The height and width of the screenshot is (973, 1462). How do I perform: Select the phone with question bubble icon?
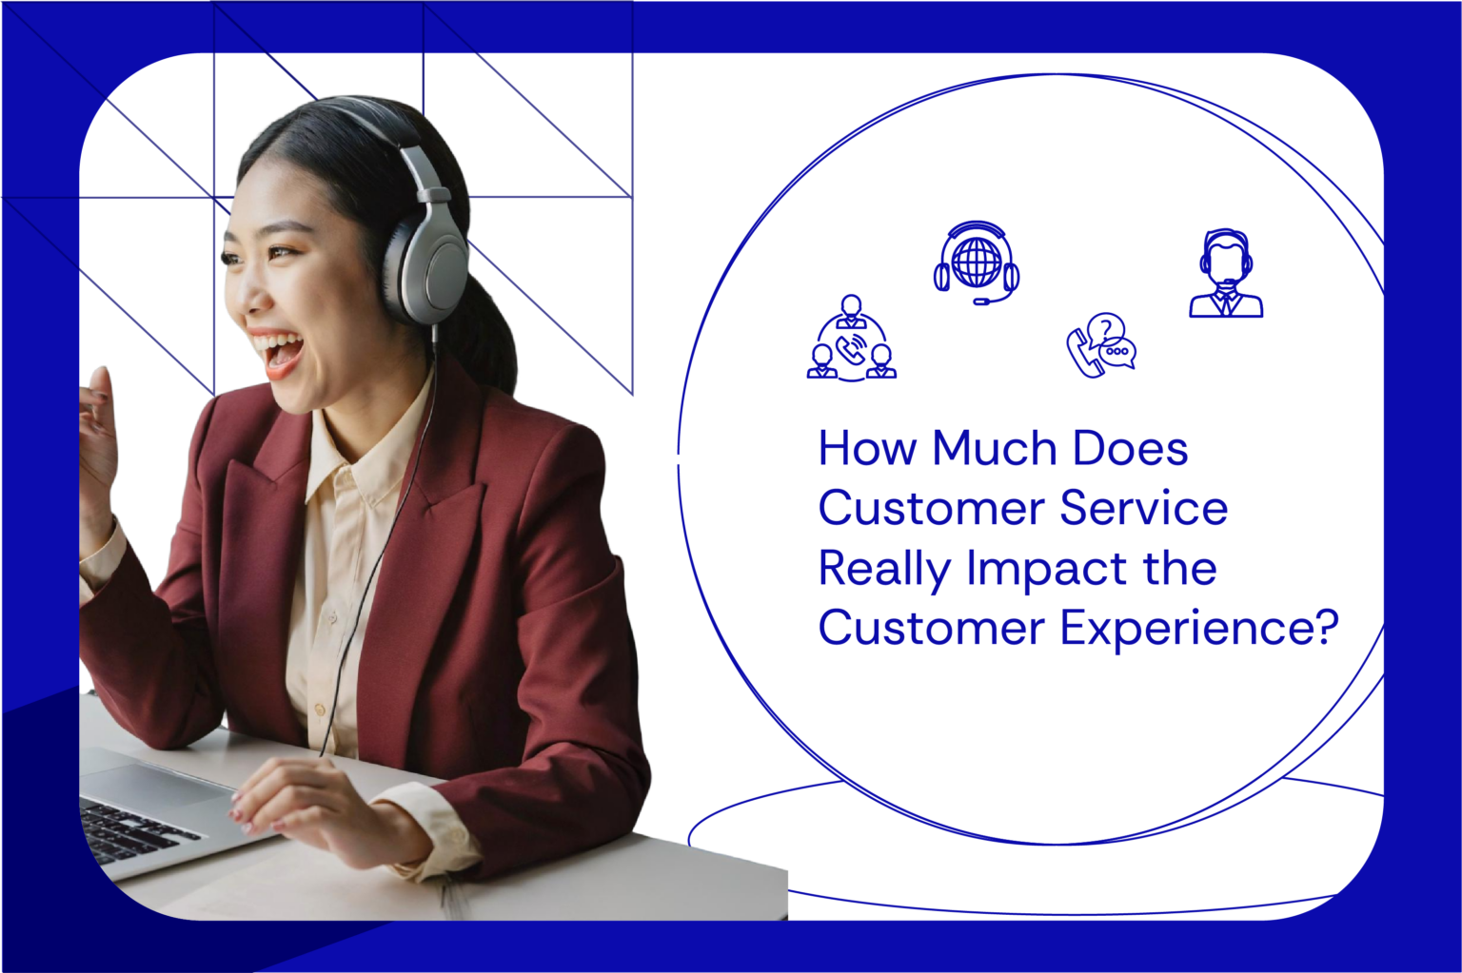[x=1101, y=345]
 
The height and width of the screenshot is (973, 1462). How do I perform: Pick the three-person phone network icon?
[x=851, y=340]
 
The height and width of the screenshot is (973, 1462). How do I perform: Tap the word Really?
[x=884, y=569]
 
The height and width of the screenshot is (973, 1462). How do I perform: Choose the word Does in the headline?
[x=1130, y=449]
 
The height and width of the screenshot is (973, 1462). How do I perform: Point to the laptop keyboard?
[x=133, y=828]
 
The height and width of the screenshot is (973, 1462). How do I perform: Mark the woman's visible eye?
[x=281, y=252]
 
